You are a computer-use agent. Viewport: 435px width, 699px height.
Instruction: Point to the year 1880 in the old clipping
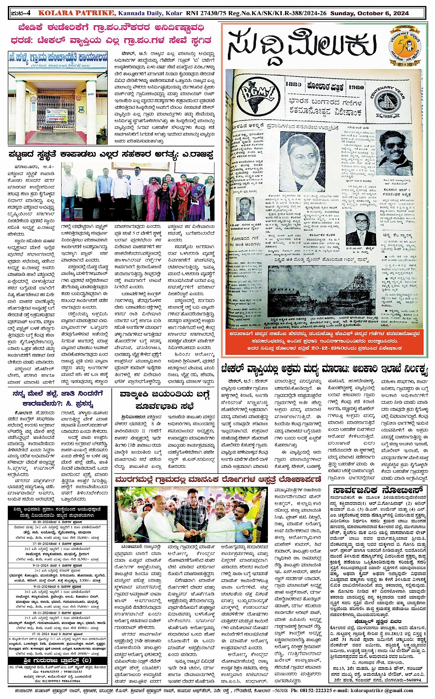point(293,85)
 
